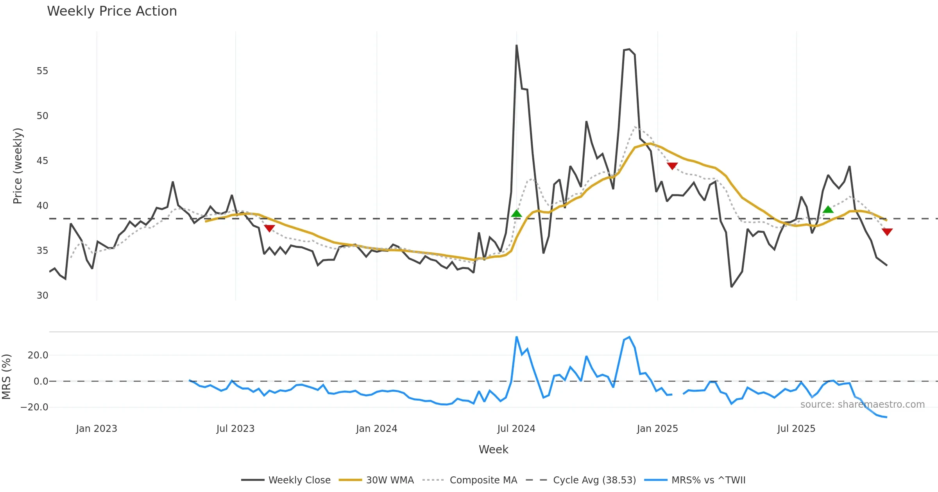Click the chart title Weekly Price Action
click(112, 11)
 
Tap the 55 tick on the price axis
click(42, 71)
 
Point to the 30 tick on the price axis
click(42, 296)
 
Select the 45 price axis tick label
click(42, 161)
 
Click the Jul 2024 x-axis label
click(516, 429)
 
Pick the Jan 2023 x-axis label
click(97, 429)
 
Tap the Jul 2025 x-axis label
click(796, 429)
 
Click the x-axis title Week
click(493, 450)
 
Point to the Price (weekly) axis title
click(18, 166)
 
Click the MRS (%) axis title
click(6, 377)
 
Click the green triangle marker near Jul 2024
click(516, 214)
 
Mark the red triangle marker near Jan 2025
click(672, 166)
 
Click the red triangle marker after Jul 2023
click(269, 228)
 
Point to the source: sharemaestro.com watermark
click(862, 405)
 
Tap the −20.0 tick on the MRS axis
click(34, 407)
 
